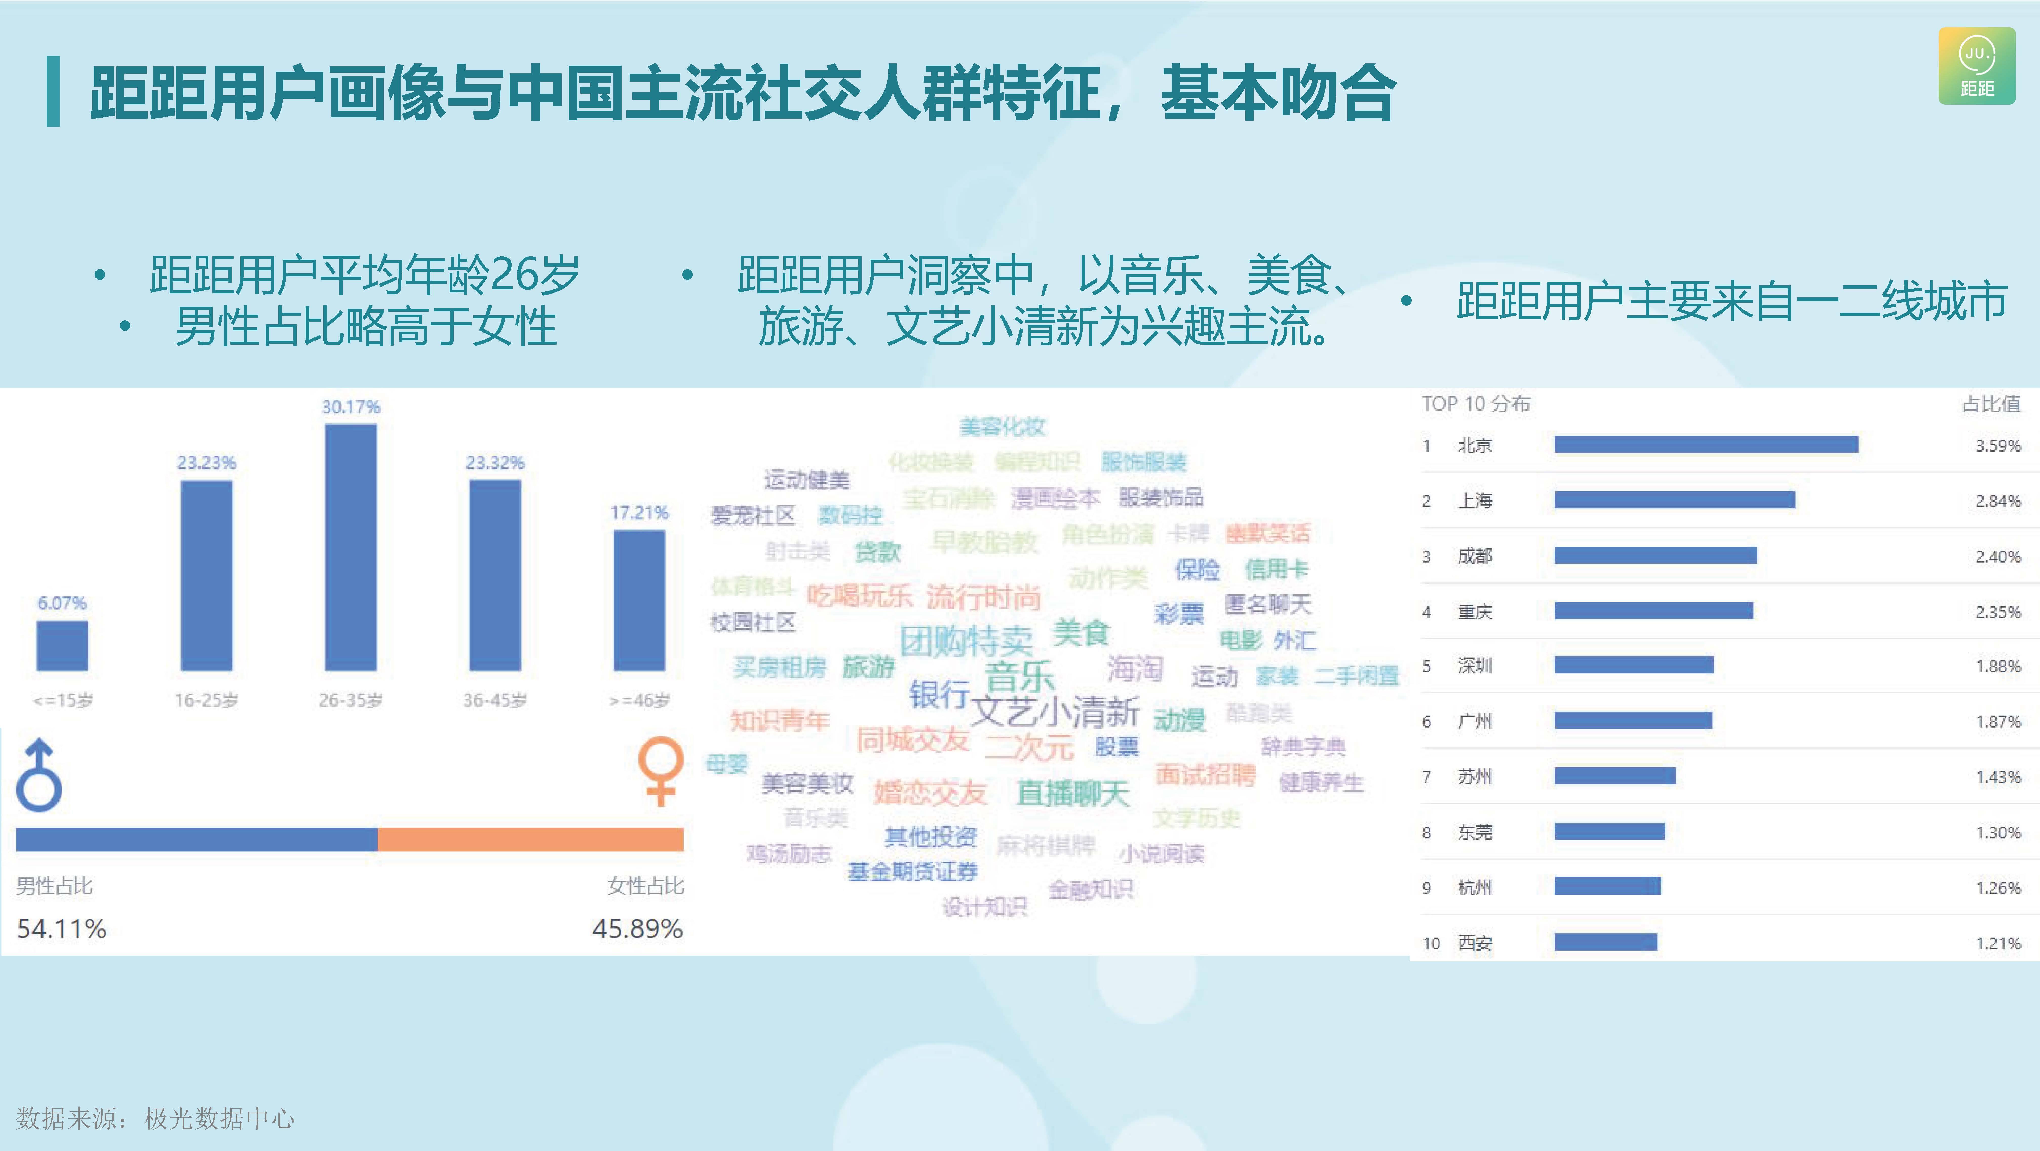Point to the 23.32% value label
tap(495, 462)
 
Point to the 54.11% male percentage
tap(62, 929)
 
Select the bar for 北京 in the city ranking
tap(1706, 445)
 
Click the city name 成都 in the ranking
tap(1475, 556)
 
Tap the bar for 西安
tap(1605, 942)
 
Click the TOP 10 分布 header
tap(1475, 404)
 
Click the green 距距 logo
tap(1977, 67)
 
